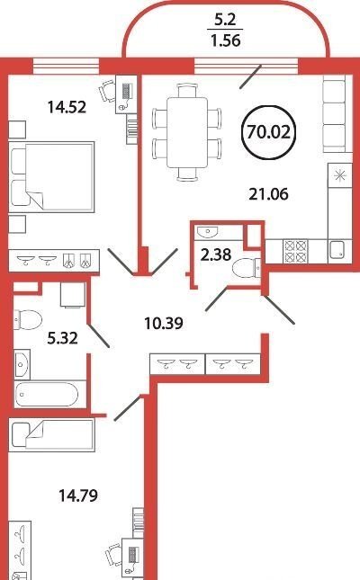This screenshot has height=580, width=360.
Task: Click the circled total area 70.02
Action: [x=268, y=132]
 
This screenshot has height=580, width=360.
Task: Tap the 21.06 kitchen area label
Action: [x=268, y=194]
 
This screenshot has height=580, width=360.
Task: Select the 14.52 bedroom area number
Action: [x=67, y=107]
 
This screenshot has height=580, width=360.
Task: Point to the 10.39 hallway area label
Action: [x=164, y=324]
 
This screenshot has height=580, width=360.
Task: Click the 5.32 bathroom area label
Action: [x=63, y=338]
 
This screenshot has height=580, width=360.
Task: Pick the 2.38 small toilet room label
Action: [x=216, y=254]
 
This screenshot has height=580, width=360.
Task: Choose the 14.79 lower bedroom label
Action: [x=78, y=495]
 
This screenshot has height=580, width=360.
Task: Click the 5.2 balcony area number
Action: [x=226, y=20]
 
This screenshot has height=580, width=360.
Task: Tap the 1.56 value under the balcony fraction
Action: [x=226, y=40]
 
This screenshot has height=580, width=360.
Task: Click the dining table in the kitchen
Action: [x=186, y=132]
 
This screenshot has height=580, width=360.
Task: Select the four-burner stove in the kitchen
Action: [x=295, y=251]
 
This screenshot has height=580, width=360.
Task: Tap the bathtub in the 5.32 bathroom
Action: [x=47, y=395]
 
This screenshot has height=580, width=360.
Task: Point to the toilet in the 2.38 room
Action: [x=247, y=267]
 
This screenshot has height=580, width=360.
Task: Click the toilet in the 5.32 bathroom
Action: [x=28, y=319]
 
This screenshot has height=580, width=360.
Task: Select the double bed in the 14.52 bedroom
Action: [x=51, y=177]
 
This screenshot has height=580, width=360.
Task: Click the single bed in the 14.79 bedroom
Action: [x=52, y=435]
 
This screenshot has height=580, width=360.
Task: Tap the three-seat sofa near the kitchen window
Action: [x=337, y=114]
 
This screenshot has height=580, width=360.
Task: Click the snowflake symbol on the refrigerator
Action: [x=339, y=175]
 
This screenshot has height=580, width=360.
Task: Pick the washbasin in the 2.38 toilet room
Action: [x=207, y=232]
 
